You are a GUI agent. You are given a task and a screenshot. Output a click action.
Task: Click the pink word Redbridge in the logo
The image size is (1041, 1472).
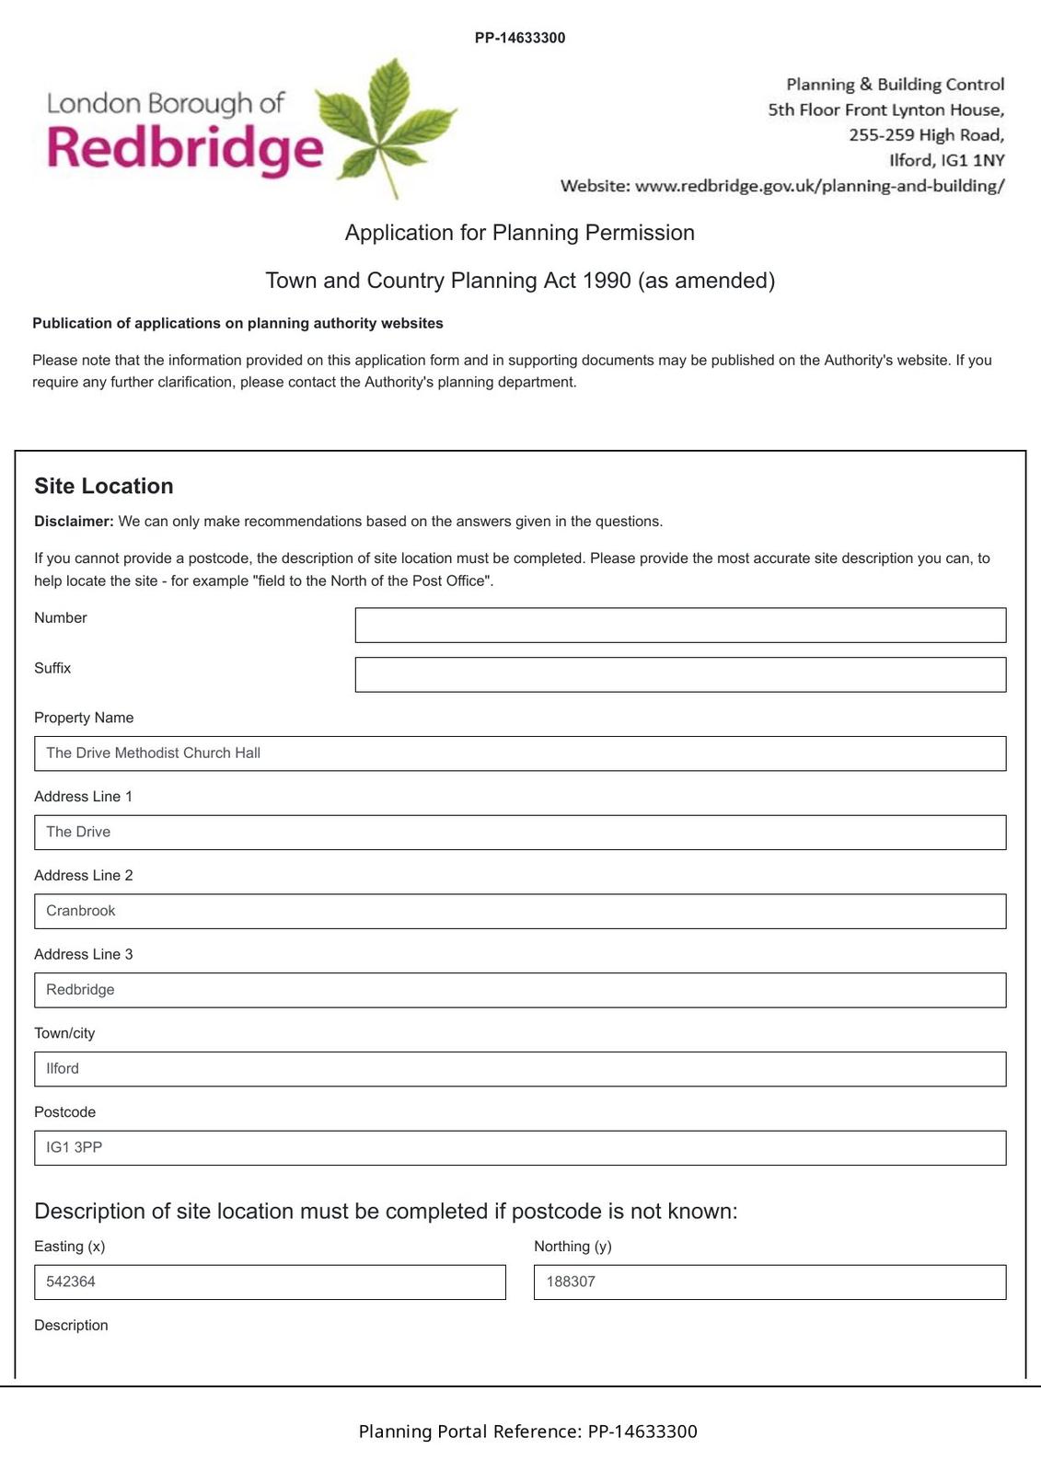(184, 148)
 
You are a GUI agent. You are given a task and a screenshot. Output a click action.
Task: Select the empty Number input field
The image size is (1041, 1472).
(680, 625)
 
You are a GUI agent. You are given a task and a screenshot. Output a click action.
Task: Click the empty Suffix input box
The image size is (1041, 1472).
(680, 674)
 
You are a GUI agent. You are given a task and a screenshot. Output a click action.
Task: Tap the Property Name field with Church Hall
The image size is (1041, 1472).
(520, 753)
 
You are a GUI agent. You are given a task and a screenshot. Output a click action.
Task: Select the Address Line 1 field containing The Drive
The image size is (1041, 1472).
(520, 833)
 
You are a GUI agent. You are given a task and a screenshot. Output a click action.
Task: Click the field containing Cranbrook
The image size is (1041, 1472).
(520, 912)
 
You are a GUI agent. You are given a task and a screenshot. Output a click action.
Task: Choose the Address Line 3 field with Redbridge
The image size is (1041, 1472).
(520, 991)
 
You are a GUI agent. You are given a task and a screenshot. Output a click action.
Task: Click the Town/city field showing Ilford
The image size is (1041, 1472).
(520, 1069)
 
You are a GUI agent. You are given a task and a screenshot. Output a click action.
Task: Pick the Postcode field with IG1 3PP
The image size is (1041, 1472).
(520, 1148)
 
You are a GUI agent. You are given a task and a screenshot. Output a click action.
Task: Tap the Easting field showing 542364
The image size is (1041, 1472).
(270, 1282)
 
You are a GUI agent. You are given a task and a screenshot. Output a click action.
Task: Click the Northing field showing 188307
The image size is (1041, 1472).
(769, 1282)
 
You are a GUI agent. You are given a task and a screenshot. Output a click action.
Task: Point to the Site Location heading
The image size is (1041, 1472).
(104, 486)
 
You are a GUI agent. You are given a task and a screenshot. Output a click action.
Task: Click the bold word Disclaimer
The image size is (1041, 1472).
(74, 522)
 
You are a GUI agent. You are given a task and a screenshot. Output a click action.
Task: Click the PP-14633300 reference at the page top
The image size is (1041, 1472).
(520, 38)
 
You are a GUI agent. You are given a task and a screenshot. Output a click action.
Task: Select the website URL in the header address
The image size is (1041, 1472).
(819, 186)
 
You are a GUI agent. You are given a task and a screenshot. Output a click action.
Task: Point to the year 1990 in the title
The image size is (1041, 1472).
(607, 281)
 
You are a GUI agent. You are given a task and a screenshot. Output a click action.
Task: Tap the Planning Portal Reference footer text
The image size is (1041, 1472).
(527, 1432)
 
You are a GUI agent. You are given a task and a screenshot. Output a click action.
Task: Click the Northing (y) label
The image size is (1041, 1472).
(573, 1247)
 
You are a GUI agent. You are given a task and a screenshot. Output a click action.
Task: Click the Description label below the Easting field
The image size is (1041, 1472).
(71, 1326)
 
